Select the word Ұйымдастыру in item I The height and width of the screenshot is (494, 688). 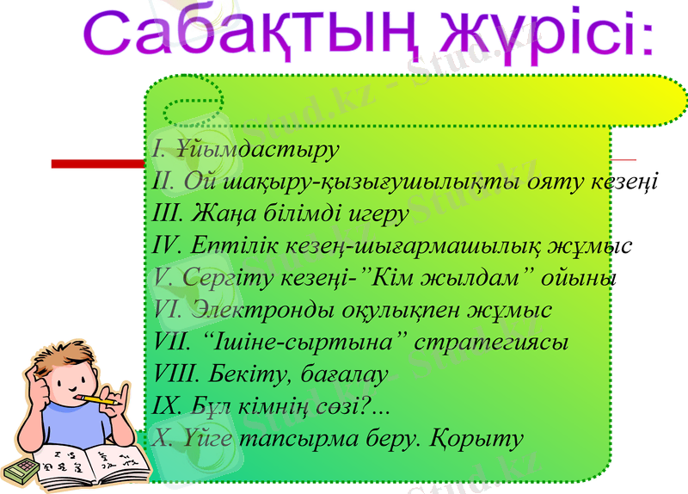point(257,148)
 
